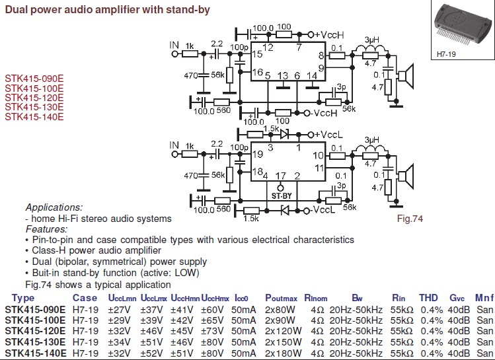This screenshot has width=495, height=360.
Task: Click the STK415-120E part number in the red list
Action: pos(34,96)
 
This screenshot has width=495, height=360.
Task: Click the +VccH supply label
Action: pos(328,34)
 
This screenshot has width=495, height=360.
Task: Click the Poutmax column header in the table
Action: pos(285,298)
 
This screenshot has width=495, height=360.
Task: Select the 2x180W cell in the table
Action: pos(282,353)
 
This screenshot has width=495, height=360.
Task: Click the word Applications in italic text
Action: pos(54,207)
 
